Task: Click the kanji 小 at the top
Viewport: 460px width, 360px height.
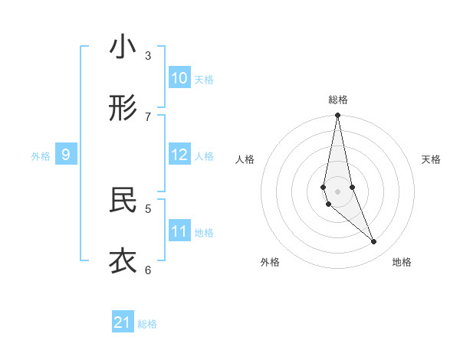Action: coord(123,47)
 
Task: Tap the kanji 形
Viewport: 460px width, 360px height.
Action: coord(123,109)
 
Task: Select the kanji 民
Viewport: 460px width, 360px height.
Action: coord(123,200)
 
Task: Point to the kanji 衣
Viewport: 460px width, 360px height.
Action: coord(123,260)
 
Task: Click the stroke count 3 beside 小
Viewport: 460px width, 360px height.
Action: coord(148,55)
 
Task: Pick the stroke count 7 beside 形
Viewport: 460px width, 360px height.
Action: coord(148,116)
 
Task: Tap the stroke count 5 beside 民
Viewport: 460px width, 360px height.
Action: coord(148,208)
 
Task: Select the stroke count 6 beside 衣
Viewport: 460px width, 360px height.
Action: coord(148,269)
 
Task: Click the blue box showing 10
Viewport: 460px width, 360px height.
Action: coord(179,78)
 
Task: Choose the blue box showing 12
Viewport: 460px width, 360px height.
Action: coord(179,155)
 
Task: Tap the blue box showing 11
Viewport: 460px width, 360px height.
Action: coord(179,231)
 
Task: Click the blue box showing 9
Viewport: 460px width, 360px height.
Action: coord(66,155)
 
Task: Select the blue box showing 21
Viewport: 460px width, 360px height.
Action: coord(123,322)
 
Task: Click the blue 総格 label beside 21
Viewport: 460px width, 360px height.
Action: coord(147,324)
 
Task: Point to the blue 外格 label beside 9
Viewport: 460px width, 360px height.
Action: coord(41,156)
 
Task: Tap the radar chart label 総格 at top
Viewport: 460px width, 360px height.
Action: coord(337,100)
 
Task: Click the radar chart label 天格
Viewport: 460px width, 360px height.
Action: coord(431,159)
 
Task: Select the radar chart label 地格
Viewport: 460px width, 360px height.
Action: coord(402,262)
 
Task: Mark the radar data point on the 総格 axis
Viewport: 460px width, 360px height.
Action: coord(337,116)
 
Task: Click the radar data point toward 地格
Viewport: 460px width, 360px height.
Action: coord(374,242)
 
